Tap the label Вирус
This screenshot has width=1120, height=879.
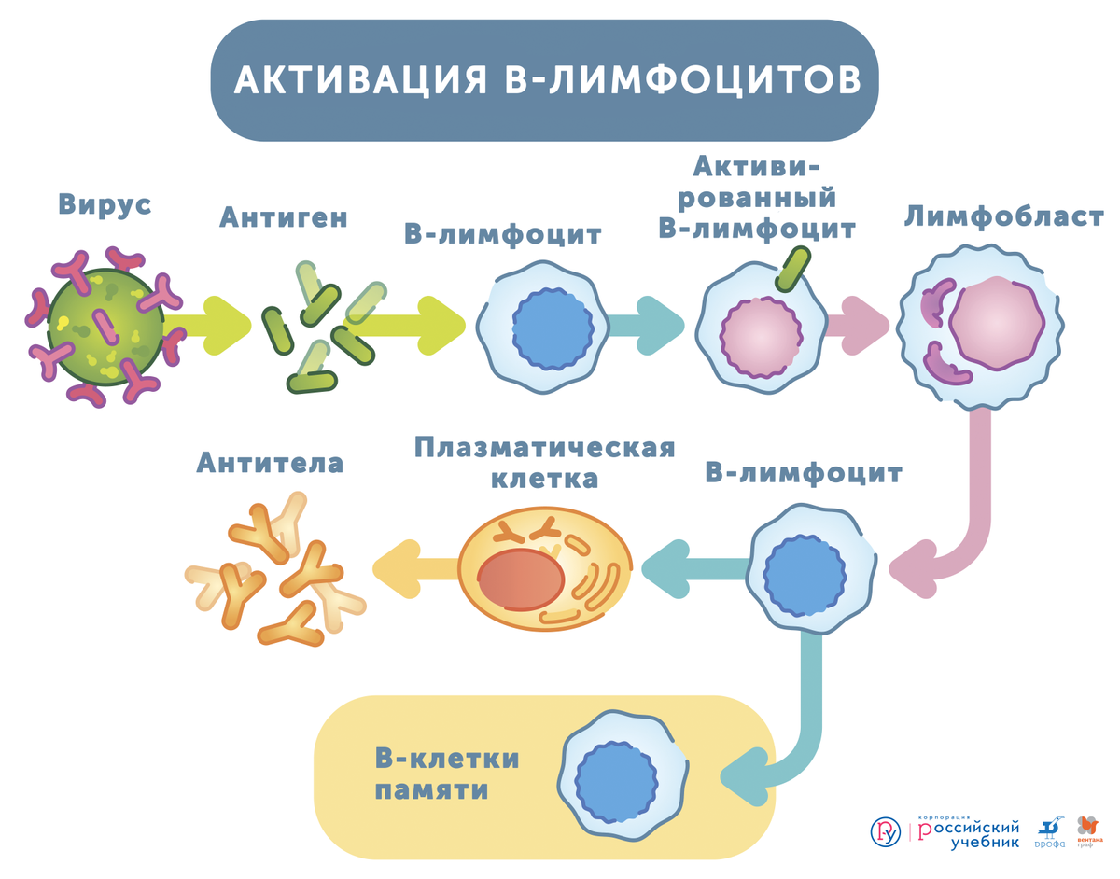pyautogui.click(x=105, y=204)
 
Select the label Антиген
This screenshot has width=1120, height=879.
pyautogui.click(x=284, y=217)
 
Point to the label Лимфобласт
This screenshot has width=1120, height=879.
pyautogui.click(x=1004, y=217)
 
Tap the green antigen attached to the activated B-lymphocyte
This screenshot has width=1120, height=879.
pyautogui.click(x=794, y=270)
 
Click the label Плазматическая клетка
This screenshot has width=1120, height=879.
pyautogui.click(x=545, y=463)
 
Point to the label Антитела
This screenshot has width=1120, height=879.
pyautogui.click(x=270, y=463)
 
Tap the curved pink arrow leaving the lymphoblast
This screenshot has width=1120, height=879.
pyautogui.click(x=971, y=523)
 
